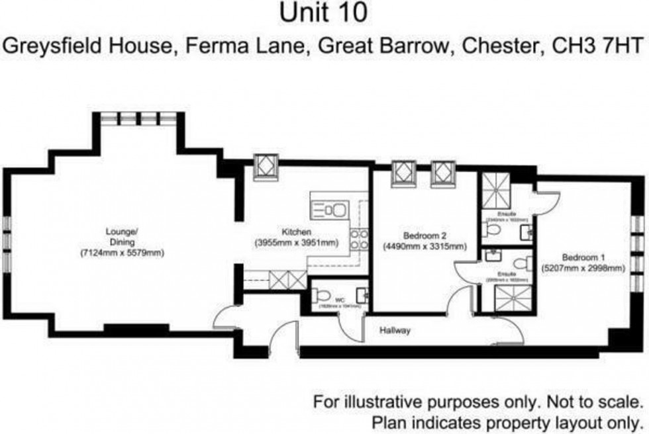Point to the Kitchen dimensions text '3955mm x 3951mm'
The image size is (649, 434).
click(296, 243)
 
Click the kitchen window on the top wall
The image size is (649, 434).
click(266, 167)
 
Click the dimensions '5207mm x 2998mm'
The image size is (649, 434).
click(583, 268)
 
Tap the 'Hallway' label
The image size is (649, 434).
click(395, 330)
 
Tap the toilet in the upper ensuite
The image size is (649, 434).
click(491, 229)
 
